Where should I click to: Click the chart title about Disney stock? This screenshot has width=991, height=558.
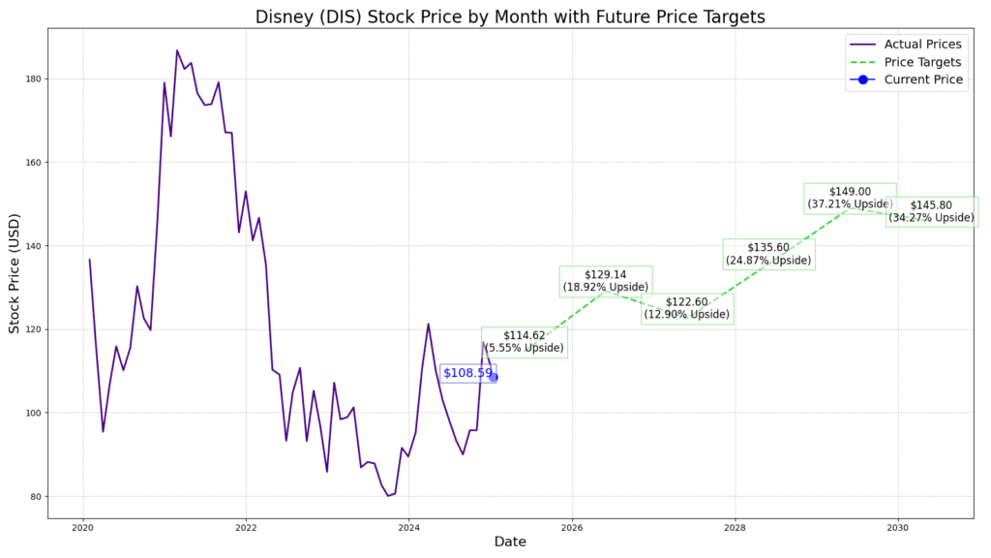(511, 16)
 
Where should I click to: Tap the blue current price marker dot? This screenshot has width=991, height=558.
(494, 377)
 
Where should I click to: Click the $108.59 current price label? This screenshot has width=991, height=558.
(467, 373)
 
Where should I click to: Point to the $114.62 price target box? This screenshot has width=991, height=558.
(525, 341)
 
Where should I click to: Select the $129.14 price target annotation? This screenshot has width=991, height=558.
(606, 281)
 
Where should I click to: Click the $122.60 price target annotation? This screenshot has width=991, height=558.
(687, 308)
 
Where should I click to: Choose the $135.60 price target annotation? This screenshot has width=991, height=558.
(768, 254)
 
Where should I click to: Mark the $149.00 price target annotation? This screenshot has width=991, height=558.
(850, 198)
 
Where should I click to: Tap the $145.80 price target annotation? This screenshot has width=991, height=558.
(931, 211)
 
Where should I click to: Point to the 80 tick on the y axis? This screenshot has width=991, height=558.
(36, 497)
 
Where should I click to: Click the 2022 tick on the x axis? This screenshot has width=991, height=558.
(246, 528)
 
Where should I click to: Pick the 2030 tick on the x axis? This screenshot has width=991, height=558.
(898, 528)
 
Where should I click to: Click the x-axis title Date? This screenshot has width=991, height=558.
(510, 542)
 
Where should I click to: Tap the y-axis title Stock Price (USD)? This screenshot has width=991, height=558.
(15, 274)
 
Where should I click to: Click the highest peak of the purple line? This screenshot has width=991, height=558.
(177, 50)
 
